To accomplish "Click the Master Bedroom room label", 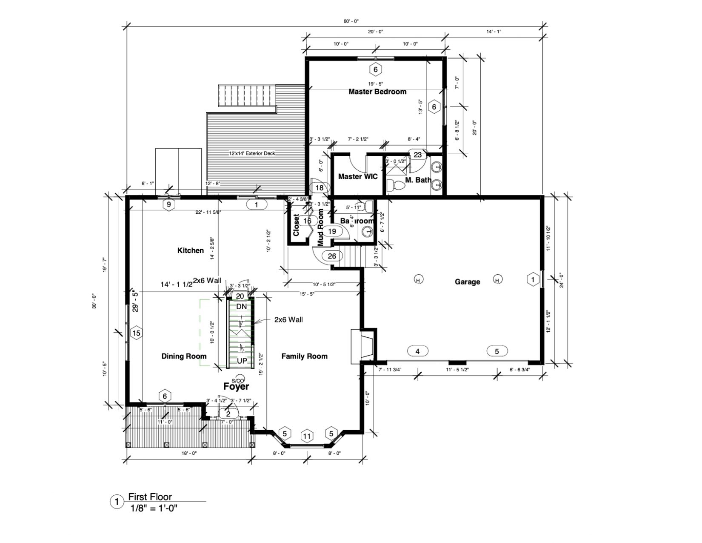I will (377, 92).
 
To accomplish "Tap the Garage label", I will (467, 282).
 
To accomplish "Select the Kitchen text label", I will (190, 250).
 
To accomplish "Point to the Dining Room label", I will (184, 356).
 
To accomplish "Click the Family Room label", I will (304, 356).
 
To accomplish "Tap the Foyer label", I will (236, 386).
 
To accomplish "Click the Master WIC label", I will (357, 176).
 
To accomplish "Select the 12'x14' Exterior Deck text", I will (252, 153).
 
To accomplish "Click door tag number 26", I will (332, 256).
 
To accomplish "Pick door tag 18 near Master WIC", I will (320, 188).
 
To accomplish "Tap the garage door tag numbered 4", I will (417, 351).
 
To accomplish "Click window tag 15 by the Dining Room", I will (136, 333).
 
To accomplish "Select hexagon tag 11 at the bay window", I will (307, 436).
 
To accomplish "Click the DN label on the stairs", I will (241, 307).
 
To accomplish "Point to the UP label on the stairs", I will (242, 361).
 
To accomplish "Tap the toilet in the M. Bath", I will (399, 185).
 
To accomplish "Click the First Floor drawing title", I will (150, 497).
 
